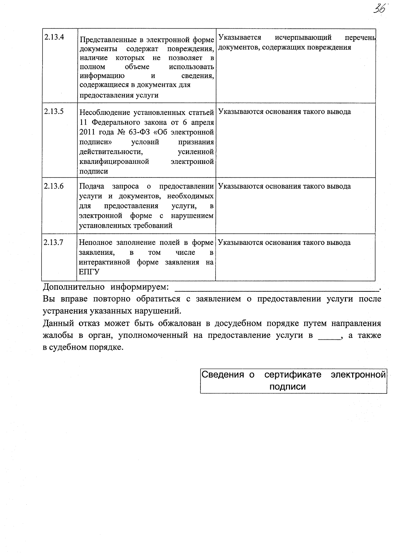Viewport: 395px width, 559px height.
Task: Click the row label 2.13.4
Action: [54, 37]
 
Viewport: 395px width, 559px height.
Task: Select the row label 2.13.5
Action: [54, 111]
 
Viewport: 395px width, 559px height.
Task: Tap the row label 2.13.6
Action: [54, 186]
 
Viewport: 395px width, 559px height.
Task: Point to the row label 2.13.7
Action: [54, 242]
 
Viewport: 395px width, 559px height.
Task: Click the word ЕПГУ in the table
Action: [89, 272]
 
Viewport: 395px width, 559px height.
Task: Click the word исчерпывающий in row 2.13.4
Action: [303, 37]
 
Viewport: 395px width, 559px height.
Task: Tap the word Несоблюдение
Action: [105, 113]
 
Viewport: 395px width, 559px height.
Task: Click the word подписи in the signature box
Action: [287, 386]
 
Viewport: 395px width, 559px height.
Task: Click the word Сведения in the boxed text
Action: [223, 375]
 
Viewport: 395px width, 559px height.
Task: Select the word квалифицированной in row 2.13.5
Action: [114, 162]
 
